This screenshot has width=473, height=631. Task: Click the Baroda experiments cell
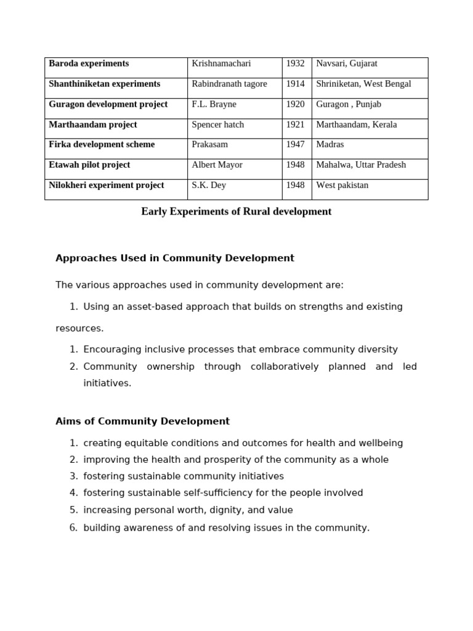pos(89,63)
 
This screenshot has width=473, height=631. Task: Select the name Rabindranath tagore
pos(229,84)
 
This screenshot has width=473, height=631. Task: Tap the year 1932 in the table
pos(295,63)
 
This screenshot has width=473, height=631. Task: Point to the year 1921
pos(295,124)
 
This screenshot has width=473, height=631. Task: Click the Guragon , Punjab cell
pos(349,104)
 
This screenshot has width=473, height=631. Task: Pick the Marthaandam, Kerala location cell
pos(356,124)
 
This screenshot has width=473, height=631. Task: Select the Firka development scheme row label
pos(102,144)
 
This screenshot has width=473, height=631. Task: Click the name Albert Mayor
pos(217,165)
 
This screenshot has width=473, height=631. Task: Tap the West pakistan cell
pos(342,185)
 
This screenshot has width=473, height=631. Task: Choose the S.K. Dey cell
pos(209,185)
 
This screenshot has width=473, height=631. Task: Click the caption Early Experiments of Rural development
pos(236,211)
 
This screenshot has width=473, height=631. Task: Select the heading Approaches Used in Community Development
pos(175,258)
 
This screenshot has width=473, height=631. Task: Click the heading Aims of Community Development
pos(142,421)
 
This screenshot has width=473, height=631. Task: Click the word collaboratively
pos(285,367)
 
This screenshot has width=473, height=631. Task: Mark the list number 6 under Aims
pos(73,527)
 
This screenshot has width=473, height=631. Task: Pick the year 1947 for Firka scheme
pos(295,144)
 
